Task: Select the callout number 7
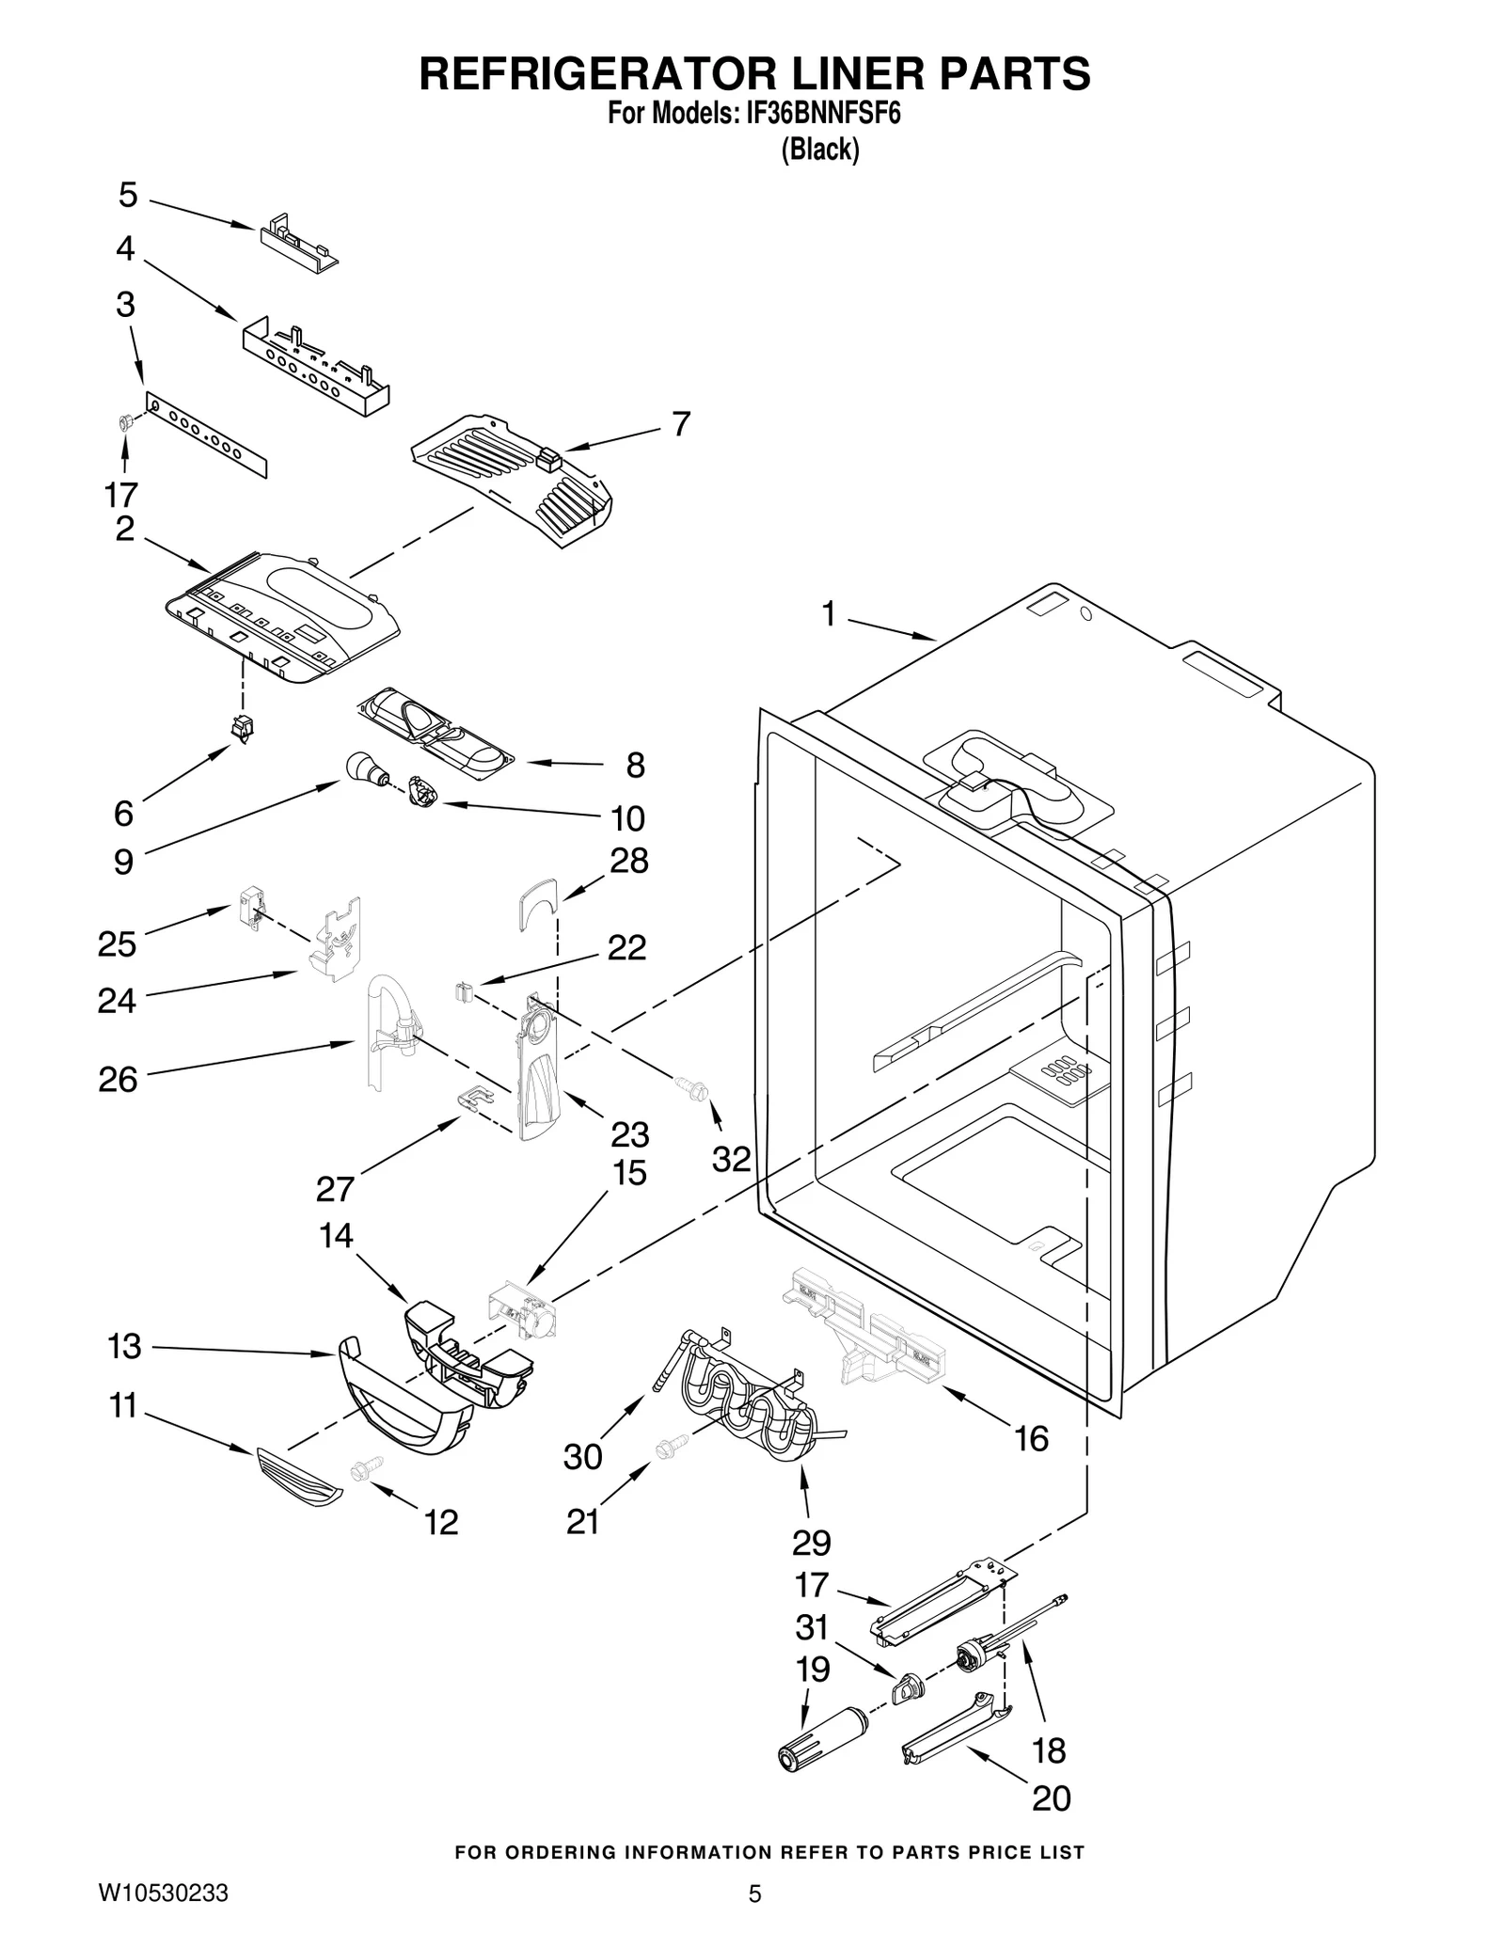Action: tap(681, 424)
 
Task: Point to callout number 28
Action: tap(629, 861)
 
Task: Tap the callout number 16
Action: tap(1031, 1438)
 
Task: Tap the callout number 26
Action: tap(119, 1079)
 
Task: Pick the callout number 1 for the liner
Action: tap(828, 615)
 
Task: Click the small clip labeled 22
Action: tap(463, 992)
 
